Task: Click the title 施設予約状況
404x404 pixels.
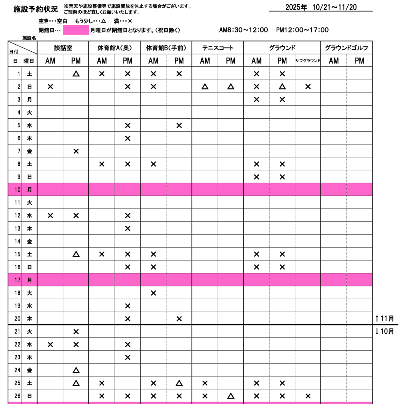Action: [x=36, y=9]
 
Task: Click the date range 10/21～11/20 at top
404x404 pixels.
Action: [x=334, y=7]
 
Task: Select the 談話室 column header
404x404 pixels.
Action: [x=63, y=48]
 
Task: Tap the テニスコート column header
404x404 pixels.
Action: [x=218, y=48]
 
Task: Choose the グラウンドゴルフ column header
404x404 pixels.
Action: [x=346, y=48]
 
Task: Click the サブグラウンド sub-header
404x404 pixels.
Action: [x=308, y=61]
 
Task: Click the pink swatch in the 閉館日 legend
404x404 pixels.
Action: [x=76, y=30]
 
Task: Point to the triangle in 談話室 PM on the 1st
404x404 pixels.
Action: [x=76, y=74]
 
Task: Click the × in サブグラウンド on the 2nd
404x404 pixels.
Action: [x=308, y=87]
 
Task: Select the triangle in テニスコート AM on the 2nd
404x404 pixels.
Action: [x=205, y=87]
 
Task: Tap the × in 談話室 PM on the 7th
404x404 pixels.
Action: [x=76, y=151]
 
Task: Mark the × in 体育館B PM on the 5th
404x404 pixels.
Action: [x=179, y=125]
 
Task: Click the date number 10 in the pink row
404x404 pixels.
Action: [x=17, y=190]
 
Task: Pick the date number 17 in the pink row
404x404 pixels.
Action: [x=17, y=280]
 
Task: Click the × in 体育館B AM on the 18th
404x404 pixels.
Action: [x=153, y=293]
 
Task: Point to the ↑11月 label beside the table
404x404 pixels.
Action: [x=385, y=318]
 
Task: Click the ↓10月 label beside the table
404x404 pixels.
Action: [x=385, y=331]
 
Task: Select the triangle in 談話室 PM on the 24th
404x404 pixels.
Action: [x=76, y=370]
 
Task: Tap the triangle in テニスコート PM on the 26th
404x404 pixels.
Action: [x=231, y=396]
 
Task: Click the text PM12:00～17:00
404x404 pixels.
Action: [x=302, y=30]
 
